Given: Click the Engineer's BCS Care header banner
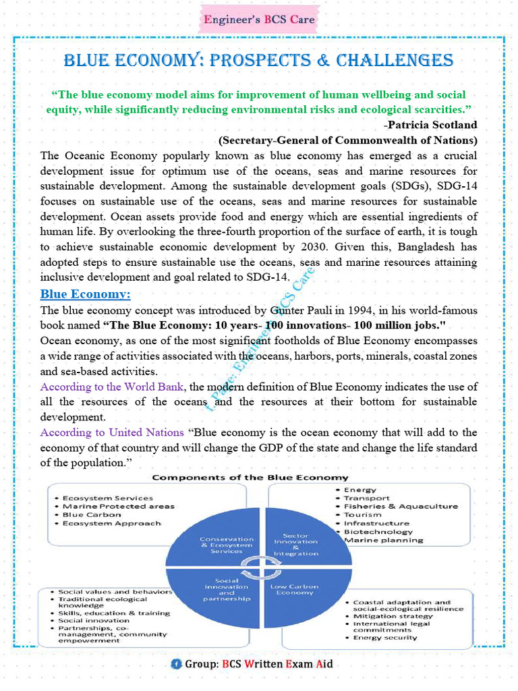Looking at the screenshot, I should (x=259, y=19).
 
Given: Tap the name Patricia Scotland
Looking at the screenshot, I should (x=432, y=124).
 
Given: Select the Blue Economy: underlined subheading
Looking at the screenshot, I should (x=85, y=294).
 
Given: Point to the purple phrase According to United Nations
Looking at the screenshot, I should (x=112, y=432).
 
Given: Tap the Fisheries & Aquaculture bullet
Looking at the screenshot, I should (x=401, y=506).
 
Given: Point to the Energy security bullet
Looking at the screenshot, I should (x=385, y=638).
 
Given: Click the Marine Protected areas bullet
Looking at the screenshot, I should (x=118, y=506).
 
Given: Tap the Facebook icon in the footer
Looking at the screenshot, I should (x=177, y=664).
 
